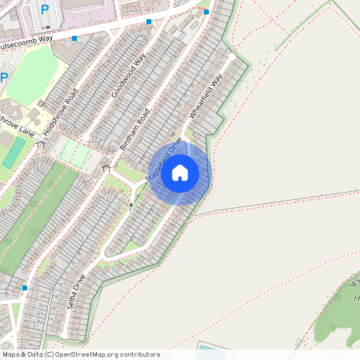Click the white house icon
180,172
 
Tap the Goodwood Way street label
129,77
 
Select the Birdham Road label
134,130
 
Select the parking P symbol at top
44,10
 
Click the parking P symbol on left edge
3,78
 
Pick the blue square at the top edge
206,12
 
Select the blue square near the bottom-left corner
25,287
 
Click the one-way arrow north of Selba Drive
132,206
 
